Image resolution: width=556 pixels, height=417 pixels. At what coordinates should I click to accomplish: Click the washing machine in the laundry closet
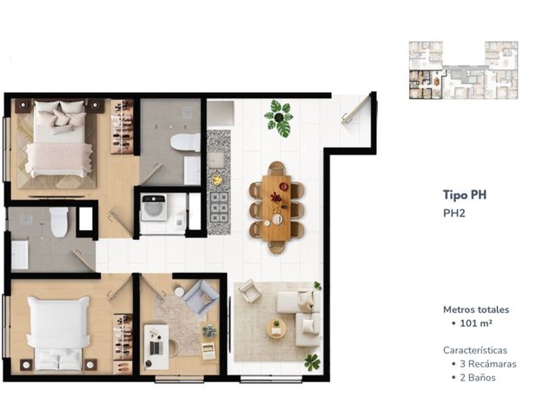pyautogui.click(x=154, y=208)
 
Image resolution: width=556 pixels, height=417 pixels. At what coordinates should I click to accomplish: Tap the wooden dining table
pyautogui.click(x=276, y=207)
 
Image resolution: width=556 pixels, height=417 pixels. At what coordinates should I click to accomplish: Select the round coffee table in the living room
pyautogui.click(x=276, y=328)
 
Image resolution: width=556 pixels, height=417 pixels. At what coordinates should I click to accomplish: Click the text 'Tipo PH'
pyautogui.click(x=465, y=195)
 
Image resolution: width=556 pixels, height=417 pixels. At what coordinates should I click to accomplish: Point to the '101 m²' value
pyautogui.click(x=476, y=323)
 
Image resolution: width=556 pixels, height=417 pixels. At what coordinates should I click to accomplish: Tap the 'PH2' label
pyautogui.click(x=454, y=213)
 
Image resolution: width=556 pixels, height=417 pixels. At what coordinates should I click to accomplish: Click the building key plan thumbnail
pyautogui.click(x=463, y=70)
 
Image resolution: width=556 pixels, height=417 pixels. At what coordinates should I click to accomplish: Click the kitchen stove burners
pyautogui.click(x=219, y=207)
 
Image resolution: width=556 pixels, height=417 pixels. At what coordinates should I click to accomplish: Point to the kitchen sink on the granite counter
pyautogui.click(x=216, y=159)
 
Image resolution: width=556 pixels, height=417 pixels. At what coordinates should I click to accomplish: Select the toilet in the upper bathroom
pyautogui.click(x=185, y=142)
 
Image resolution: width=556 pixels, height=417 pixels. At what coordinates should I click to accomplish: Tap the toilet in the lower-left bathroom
pyautogui.click(x=59, y=222)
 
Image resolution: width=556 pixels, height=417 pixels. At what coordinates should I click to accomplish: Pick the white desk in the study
pyautogui.click(x=156, y=347)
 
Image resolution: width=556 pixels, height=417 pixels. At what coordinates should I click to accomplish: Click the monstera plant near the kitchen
pyautogui.click(x=279, y=118)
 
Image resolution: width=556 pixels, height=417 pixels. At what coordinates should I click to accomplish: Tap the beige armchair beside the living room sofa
pyautogui.click(x=250, y=291)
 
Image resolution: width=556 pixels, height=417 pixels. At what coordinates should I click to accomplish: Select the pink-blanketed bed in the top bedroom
pyautogui.click(x=59, y=139)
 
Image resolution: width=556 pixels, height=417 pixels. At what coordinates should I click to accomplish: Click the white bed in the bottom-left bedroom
pyautogui.click(x=59, y=334)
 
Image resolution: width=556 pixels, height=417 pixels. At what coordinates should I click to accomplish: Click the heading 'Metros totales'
pyautogui.click(x=476, y=309)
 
